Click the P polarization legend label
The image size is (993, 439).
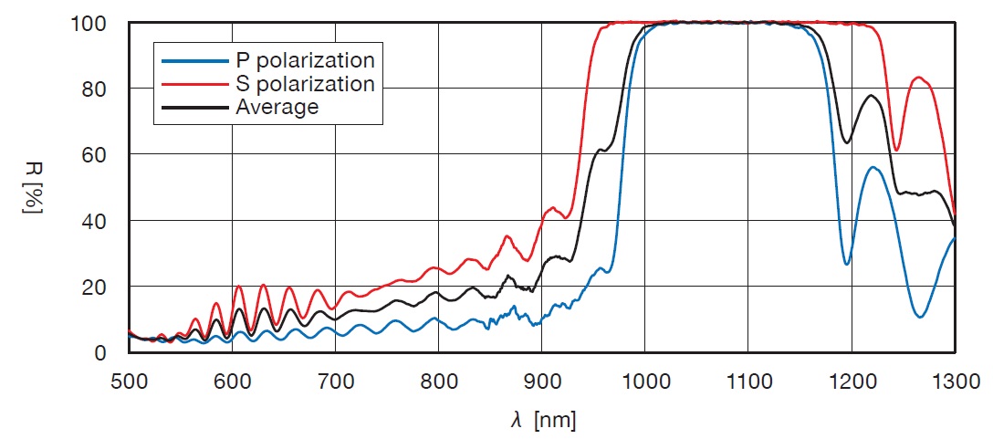point(305,61)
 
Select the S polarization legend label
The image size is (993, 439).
point(305,84)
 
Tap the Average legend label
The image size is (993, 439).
point(277,107)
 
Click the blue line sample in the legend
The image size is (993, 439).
point(194,61)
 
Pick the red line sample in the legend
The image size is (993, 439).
point(194,84)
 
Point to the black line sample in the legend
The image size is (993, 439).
point(194,107)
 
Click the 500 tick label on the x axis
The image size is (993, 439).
point(129,379)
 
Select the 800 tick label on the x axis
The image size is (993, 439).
point(438,379)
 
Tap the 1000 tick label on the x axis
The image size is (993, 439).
point(644,379)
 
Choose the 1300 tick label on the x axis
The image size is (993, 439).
point(955,379)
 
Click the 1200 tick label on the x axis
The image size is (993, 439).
point(851,379)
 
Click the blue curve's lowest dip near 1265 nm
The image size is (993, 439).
point(920,317)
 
